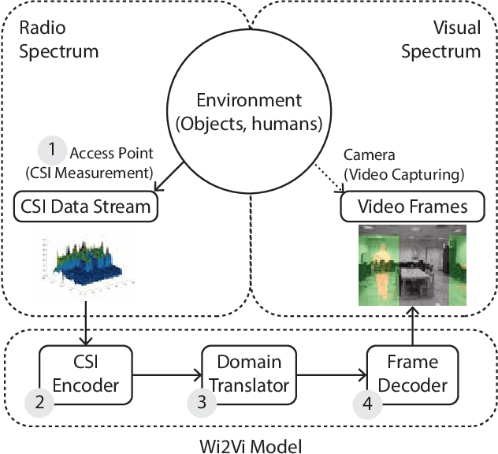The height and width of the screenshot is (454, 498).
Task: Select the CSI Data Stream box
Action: click(x=84, y=207)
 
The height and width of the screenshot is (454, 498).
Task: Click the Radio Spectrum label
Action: click(x=56, y=39)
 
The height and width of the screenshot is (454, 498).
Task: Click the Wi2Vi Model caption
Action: click(x=249, y=444)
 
